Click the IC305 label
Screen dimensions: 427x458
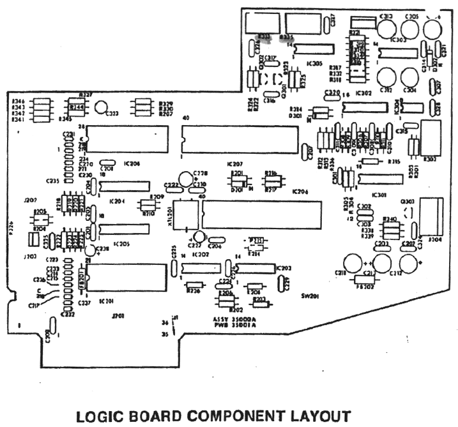pos(314,63)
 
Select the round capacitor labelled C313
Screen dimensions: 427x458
pos(386,28)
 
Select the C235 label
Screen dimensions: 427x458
pos(53,181)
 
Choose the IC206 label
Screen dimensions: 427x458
pos(300,191)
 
